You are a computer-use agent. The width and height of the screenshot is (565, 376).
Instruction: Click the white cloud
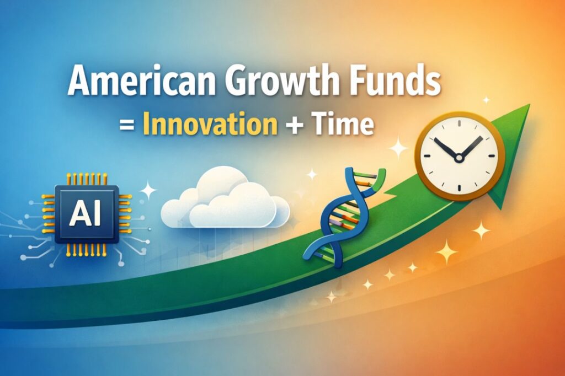(226, 201)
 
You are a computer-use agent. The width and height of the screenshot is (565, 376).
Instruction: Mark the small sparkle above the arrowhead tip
(486, 100)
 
